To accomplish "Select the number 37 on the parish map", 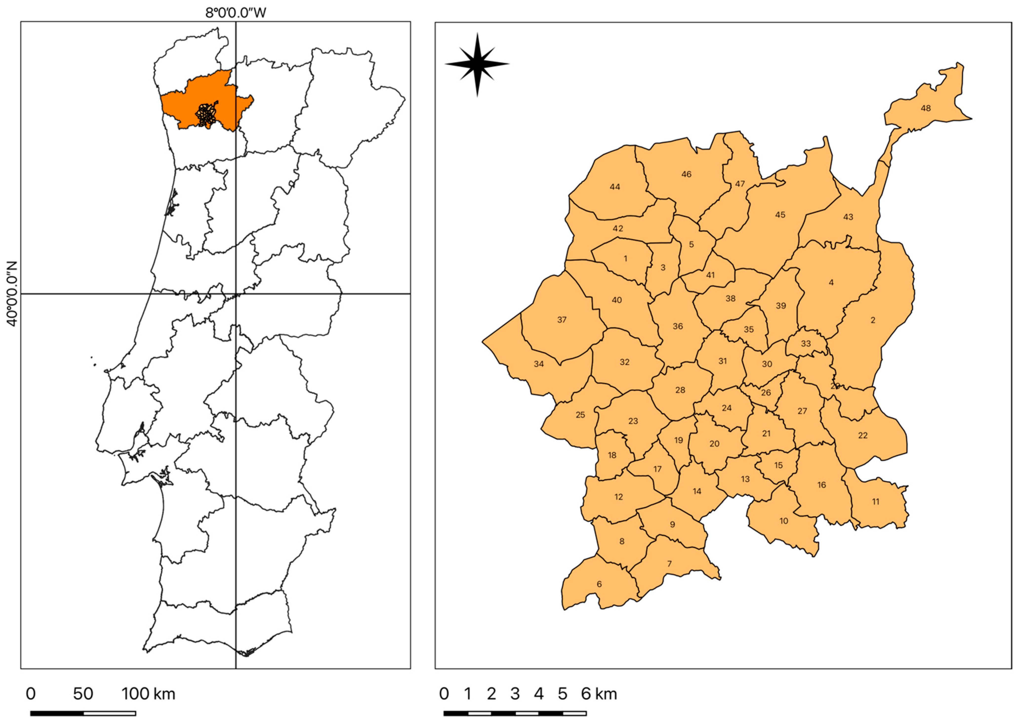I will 562,320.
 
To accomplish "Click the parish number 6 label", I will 599,584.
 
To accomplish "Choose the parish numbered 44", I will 615,186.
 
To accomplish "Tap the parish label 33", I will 805,344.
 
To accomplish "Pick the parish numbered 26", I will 766,393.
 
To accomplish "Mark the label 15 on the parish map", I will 778,465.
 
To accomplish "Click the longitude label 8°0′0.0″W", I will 236,13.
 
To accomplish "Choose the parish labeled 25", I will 580,415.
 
